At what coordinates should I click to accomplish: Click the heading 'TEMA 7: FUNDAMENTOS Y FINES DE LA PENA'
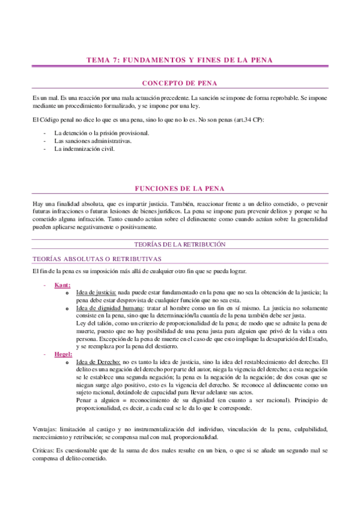coord(180,60)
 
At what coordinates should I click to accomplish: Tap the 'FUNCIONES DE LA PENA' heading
coord(180,189)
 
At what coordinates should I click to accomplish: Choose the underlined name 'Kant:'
coord(61,284)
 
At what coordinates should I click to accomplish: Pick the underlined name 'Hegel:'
coord(63,355)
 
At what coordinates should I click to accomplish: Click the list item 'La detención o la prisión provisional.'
coord(102,133)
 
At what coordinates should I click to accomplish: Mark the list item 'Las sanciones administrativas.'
coord(93,141)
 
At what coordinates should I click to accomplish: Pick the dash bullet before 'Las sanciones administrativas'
coord(45,141)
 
